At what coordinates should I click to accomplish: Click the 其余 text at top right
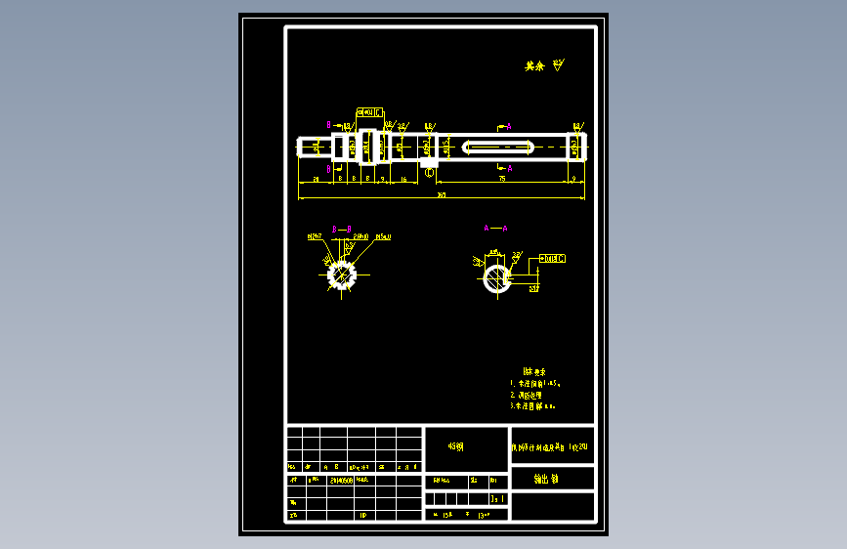533,66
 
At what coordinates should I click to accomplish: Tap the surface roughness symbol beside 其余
558,65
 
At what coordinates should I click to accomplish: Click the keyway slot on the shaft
496,147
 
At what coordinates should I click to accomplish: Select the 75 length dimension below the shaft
501,180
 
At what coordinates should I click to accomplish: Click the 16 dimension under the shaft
403,180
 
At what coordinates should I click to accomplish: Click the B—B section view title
342,229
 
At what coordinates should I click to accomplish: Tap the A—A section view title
496,228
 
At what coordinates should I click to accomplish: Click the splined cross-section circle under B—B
339,274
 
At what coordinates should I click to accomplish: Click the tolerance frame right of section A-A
554,258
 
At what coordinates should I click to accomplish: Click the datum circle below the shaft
430,172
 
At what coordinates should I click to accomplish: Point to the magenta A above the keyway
509,126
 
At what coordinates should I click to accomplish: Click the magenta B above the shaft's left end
329,125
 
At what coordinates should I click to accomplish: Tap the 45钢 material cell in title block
456,446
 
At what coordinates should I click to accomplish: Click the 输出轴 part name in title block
546,479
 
